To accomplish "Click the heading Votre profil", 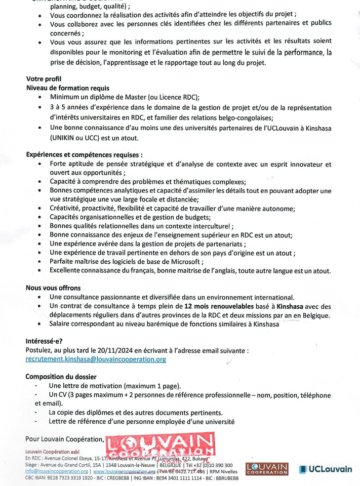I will [x=44, y=79].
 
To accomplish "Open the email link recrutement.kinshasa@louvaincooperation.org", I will [x=96, y=359].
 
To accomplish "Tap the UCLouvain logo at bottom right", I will [x=325, y=469].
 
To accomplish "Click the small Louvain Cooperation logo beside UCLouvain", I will [x=267, y=469].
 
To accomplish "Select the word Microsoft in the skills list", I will [x=181, y=262].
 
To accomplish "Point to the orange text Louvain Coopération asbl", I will [x=52, y=451].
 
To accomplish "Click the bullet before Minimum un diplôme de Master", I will [x=40, y=97].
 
